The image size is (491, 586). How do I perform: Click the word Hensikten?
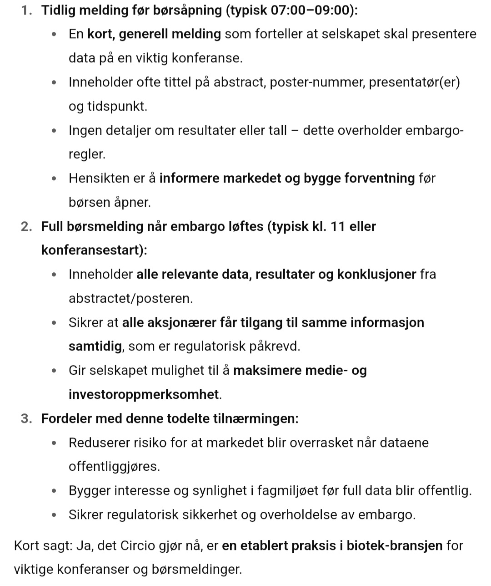pyautogui.click(x=99, y=178)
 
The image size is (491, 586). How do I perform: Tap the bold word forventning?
pyautogui.click(x=380, y=178)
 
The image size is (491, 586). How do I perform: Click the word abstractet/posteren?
pyautogui.click(x=130, y=299)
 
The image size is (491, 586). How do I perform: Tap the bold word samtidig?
pyautogui.click(x=95, y=347)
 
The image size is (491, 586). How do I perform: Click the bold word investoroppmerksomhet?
pyautogui.click(x=144, y=394)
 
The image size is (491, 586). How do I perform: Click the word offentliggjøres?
pyautogui.click(x=114, y=467)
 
